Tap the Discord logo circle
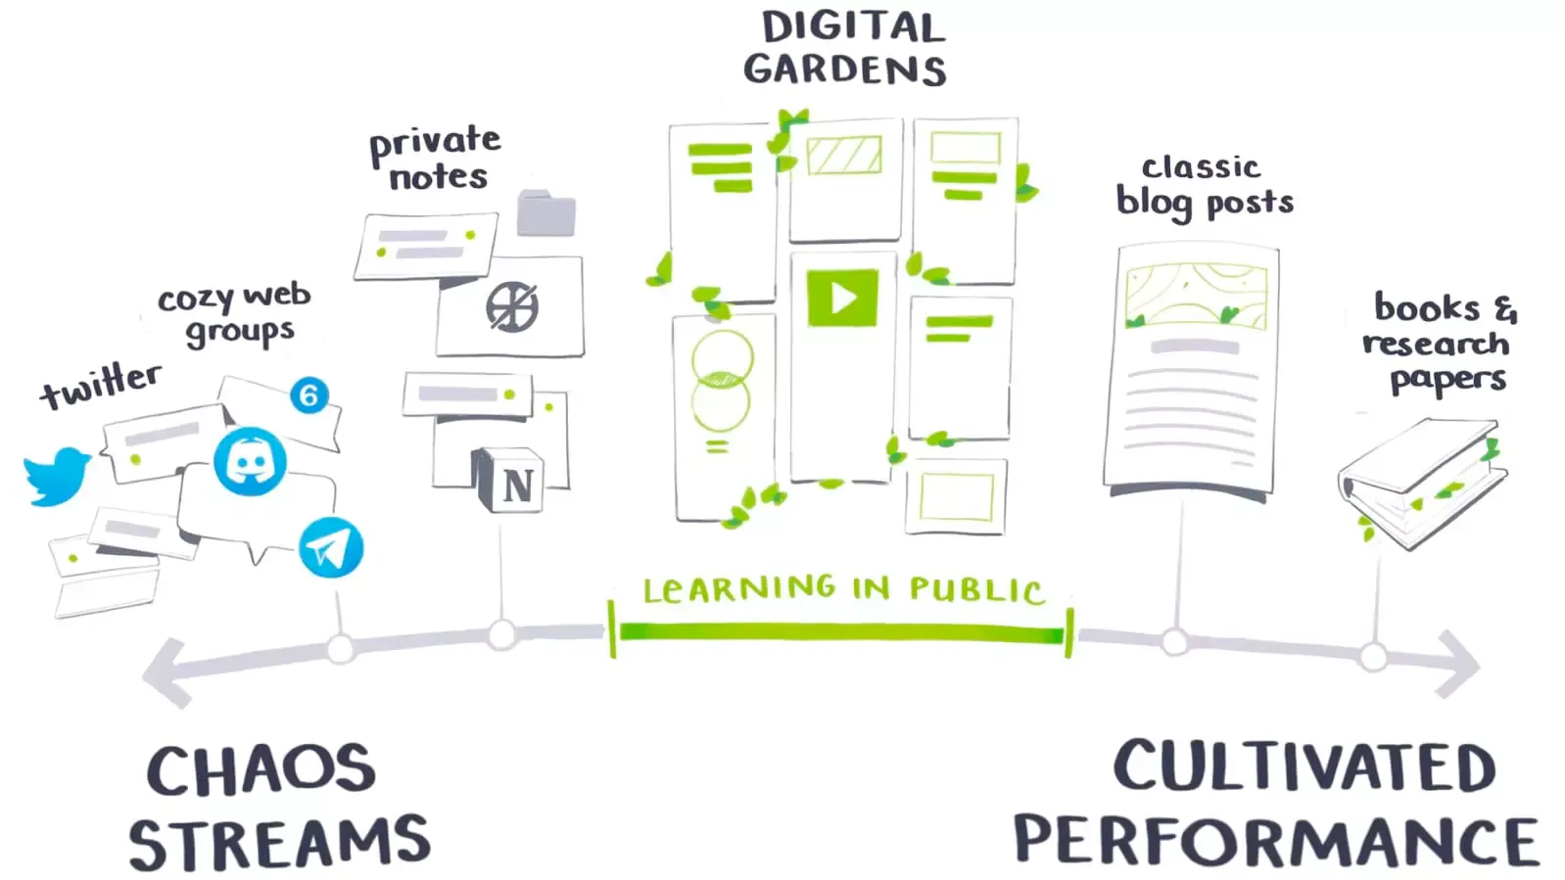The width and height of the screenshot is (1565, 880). coord(250,461)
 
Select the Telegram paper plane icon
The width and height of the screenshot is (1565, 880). coord(330,547)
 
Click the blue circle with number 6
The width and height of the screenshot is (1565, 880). coord(309,395)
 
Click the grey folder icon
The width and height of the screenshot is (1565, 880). coord(546,212)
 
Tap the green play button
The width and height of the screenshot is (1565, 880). coord(842,298)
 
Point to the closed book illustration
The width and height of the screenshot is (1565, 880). coord(1422,481)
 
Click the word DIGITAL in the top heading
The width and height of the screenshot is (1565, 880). coord(853,27)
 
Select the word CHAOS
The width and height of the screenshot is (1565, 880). coord(261,770)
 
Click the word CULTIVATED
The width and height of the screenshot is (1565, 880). coord(1304,766)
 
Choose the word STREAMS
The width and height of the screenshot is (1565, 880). coord(279,844)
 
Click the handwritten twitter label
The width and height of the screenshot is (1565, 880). coord(101,385)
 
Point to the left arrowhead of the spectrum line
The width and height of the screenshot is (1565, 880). coord(163,672)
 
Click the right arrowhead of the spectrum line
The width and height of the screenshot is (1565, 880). coord(1460,664)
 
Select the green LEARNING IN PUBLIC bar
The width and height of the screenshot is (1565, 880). coord(841,633)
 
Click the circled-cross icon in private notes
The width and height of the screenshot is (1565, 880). coord(512,307)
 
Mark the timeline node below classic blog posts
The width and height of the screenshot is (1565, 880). coord(1175,642)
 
